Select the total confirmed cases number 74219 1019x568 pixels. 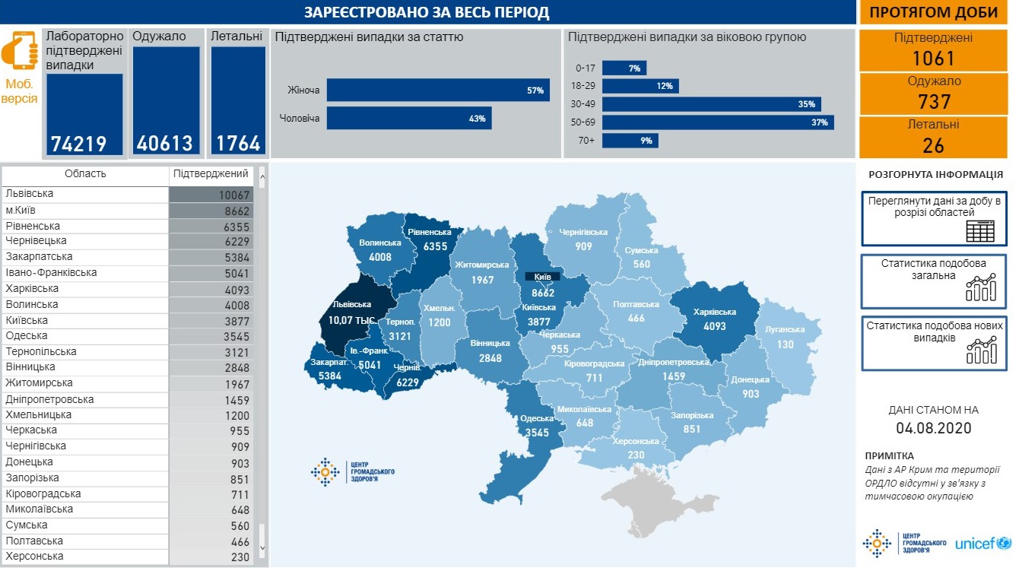[79, 143]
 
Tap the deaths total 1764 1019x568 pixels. [237, 143]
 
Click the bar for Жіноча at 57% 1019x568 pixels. [438, 90]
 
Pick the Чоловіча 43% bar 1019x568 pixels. [409, 118]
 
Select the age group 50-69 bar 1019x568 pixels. [718, 122]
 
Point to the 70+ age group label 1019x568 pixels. [586, 141]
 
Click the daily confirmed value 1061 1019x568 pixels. [933, 59]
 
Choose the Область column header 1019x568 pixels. [85, 174]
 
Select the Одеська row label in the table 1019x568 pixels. [27, 335]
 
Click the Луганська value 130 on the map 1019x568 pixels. [786, 344]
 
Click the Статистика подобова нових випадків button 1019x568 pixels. [933, 342]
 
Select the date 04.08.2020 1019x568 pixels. [933, 428]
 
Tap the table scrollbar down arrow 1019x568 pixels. [262, 547]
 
